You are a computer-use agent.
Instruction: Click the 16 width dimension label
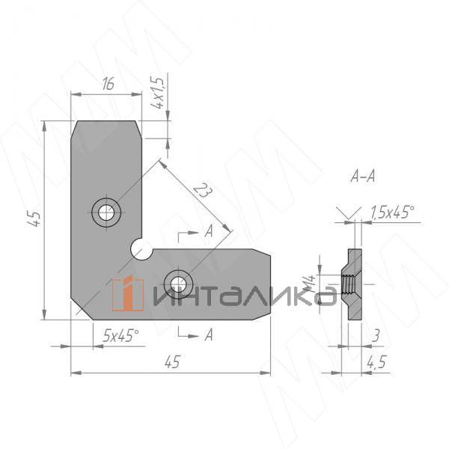(x=109, y=84)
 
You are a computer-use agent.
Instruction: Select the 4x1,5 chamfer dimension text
(x=158, y=93)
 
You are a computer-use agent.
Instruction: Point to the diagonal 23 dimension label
(x=203, y=191)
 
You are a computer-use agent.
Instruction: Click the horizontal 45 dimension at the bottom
(x=172, y=362)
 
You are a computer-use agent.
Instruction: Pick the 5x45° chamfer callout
(x=120, y=335)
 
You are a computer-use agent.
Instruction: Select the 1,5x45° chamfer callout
(x=392, y=213)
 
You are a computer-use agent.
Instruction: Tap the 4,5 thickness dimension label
(x=376, y=362)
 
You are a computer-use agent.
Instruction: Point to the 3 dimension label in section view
(x=376, y=335)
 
